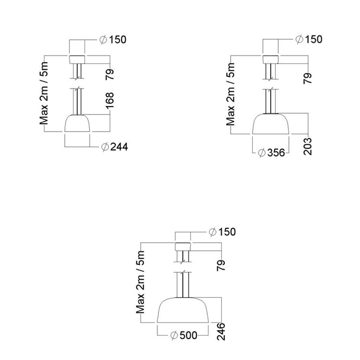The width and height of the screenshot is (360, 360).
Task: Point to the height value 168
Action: pos(110,101)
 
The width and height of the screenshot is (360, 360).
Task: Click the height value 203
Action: pos(308,147)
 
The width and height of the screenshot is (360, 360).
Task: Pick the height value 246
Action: pos(221,332)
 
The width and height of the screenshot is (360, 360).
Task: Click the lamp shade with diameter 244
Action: pos(77,123)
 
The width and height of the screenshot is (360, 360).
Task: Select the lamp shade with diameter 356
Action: pos(271,123)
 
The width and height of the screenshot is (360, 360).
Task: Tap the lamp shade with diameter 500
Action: pos(183,310)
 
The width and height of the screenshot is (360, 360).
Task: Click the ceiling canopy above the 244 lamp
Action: pos(77,59)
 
